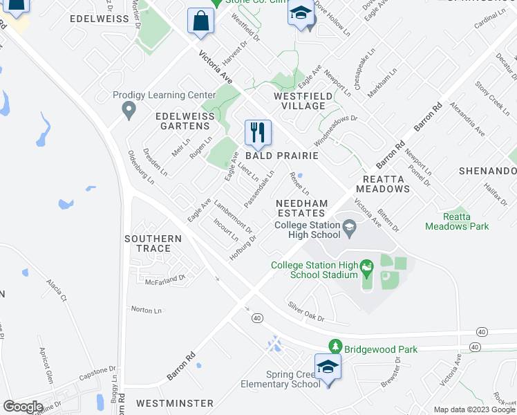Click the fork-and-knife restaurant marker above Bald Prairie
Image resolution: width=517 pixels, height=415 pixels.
[258, 132]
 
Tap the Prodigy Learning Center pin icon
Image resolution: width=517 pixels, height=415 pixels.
[128, 109]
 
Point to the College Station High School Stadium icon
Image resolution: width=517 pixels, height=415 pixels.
[367, 266]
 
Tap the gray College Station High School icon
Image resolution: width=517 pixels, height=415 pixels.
[350, 225]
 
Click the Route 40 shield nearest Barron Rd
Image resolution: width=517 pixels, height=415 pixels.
[256, 317]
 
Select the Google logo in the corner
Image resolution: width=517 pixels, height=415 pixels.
[23, 406]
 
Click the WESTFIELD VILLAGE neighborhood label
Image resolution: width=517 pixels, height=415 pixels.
[299, 101]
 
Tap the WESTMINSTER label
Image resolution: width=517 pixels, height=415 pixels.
[174, 403]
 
